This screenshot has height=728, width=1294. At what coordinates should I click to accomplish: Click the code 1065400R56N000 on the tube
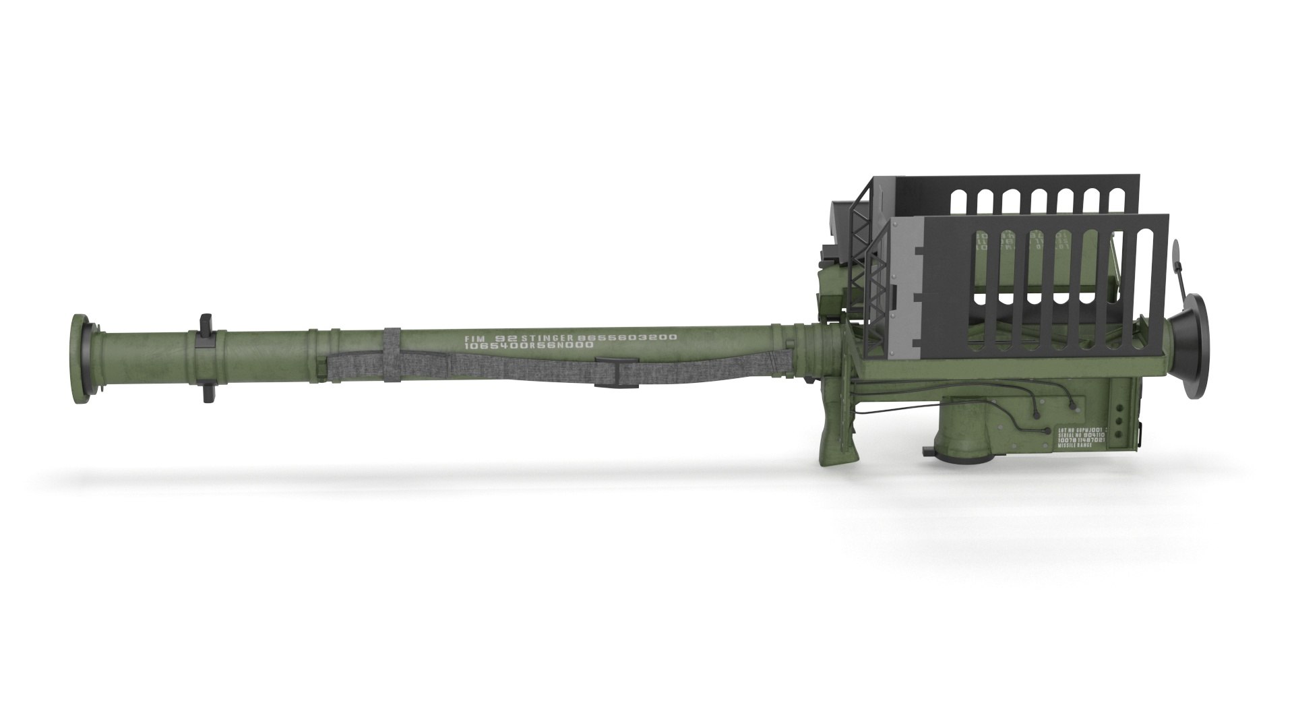tap(528, 346)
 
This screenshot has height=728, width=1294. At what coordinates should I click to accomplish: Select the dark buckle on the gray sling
tap(619, 375)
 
